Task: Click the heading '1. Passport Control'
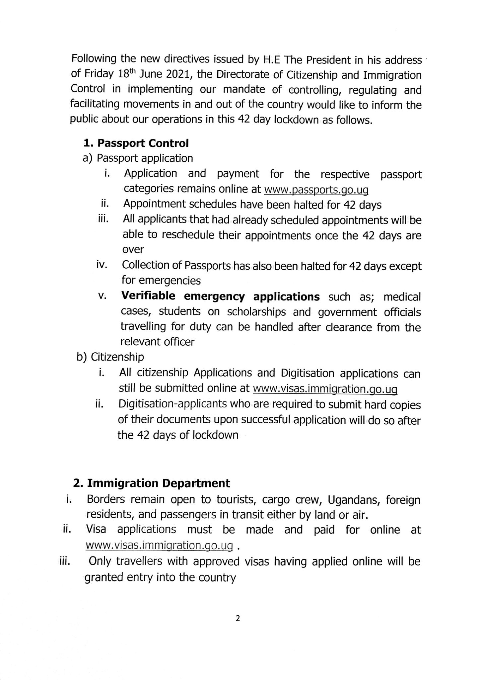[x=136, y=143]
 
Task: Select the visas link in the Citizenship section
[x=325, y=388]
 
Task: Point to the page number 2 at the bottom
[x=237, y=618]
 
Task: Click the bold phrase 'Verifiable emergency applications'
[x=221, y=296]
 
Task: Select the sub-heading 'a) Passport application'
[x=138, y=158]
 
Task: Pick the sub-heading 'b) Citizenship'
[x=110, y=357]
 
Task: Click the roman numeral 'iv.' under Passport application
[x=102, y=265]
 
